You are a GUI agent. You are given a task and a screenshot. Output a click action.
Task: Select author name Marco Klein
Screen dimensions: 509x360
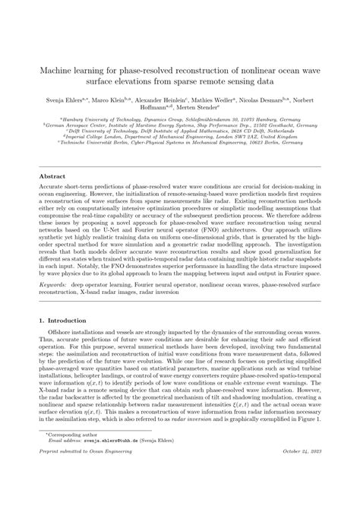(x=108, y=99)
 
